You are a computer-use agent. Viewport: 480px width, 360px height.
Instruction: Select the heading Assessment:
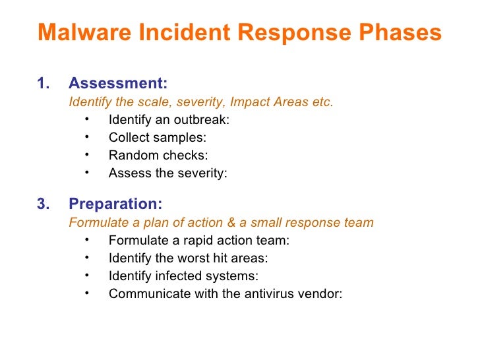pyautogui.click(x=118, y=84)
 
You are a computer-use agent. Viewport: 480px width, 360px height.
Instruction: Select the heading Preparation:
pyautogui.click(x=115, y=204)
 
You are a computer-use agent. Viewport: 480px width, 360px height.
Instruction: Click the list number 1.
pyautogui.click(x=43, y=84)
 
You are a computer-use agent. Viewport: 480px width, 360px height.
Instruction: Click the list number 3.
pyautogui.click(x=43, y=204)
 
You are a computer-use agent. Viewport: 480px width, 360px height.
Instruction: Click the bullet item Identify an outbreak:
pyautogui.click(x=169, y=120)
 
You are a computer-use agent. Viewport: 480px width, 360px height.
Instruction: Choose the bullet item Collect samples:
pyautogui.click(x=157, y=138)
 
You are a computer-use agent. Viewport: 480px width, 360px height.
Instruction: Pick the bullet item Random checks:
pyautogui.click(x=158, y=156)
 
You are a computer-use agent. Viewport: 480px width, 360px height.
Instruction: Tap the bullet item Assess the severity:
pyautogui.click(x=167, y=173)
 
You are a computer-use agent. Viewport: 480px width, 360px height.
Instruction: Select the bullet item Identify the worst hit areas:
pyautogui.click(x=188, y=258)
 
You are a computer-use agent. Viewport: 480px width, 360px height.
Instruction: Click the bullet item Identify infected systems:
pyautogui.click(x=183, y=276)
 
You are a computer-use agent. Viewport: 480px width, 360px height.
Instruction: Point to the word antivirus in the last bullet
pyautogui.click(x=269, y=294)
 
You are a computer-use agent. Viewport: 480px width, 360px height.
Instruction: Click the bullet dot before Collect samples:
pyautogui.click(x=87, y=137)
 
